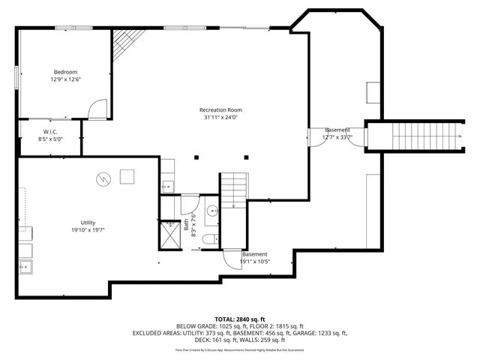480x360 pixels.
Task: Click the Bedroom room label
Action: tap(65, 71)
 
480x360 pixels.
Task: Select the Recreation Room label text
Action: tap(220, 109)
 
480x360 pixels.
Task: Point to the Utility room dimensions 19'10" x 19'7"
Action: tap(88, 230)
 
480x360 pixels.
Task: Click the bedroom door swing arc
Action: tap(97, 110)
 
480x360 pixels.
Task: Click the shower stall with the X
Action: tap(170, 234)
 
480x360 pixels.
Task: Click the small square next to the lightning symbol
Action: tap(127, 177)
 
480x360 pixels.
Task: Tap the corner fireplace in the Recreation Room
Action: tap(126, 46)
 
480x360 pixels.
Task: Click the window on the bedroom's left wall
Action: tap(17, 78)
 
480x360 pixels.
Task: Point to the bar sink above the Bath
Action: tap(167, 185)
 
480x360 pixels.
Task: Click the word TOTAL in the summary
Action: tap(226, 319)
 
